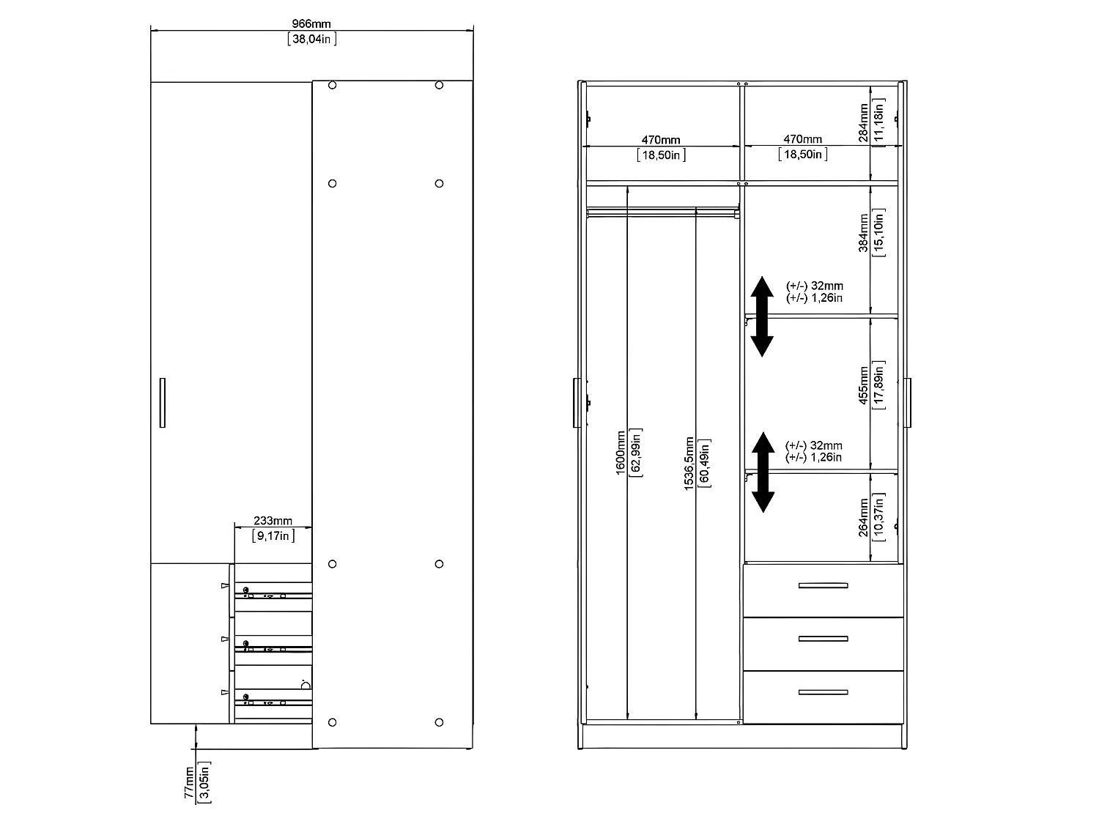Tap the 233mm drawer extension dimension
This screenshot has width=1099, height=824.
coord(273,522)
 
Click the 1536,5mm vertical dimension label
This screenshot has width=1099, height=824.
coord(689,463)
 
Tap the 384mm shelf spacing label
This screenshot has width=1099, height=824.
coord(864,233)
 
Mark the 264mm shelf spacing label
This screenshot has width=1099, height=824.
coord(864,517)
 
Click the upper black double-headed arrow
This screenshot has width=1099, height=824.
coord(762,316)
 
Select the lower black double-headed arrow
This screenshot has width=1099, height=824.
coord(763,472)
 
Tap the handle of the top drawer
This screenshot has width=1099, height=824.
coord(823,585)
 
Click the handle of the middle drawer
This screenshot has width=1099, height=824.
coord(823,639)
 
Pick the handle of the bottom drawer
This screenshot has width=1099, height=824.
coord(823,692)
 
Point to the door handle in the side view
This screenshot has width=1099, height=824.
coord(162,402)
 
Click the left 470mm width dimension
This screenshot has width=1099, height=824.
coord(661,139)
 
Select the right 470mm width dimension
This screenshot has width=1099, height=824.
coord(802,139)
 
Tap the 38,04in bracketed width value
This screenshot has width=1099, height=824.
coord(312,40)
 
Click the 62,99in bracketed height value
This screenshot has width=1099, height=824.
coord(636,453)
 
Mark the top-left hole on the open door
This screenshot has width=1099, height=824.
coord(332,86)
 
